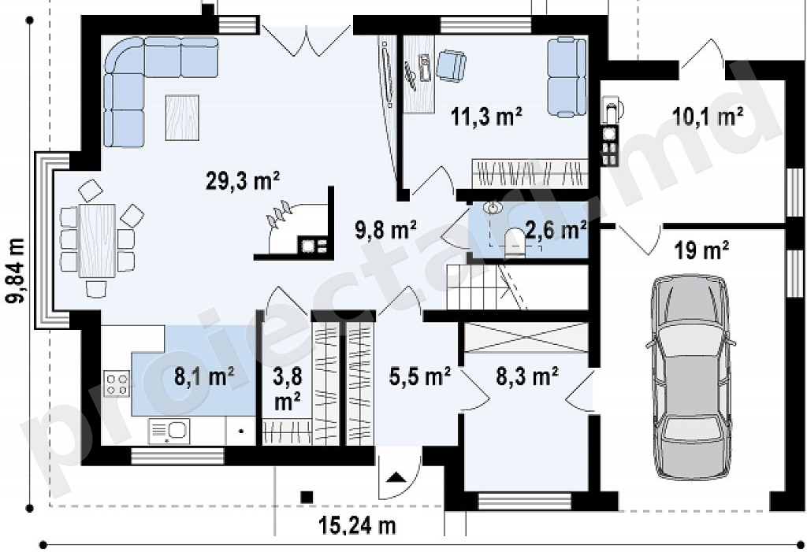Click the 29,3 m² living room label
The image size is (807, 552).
point(243,182)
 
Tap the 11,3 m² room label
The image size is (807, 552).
point(486,117)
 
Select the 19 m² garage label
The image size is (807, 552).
point(701,250)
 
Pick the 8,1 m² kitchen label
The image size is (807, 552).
point(204,376)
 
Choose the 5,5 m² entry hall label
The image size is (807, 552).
point(420,376)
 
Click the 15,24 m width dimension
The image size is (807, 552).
point(359,526)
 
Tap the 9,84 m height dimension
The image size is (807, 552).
point(16,271)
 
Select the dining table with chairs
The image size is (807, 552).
point(97,239)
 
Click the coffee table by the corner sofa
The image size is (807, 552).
point(182,118)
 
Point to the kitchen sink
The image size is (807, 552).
point(169,431)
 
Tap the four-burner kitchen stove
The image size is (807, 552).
point(117,384)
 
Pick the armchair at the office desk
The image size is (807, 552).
point(452,65)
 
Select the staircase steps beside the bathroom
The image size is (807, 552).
point(474,287)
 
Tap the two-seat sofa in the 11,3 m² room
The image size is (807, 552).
point(567,77)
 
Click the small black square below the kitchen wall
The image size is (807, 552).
point(307,497)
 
